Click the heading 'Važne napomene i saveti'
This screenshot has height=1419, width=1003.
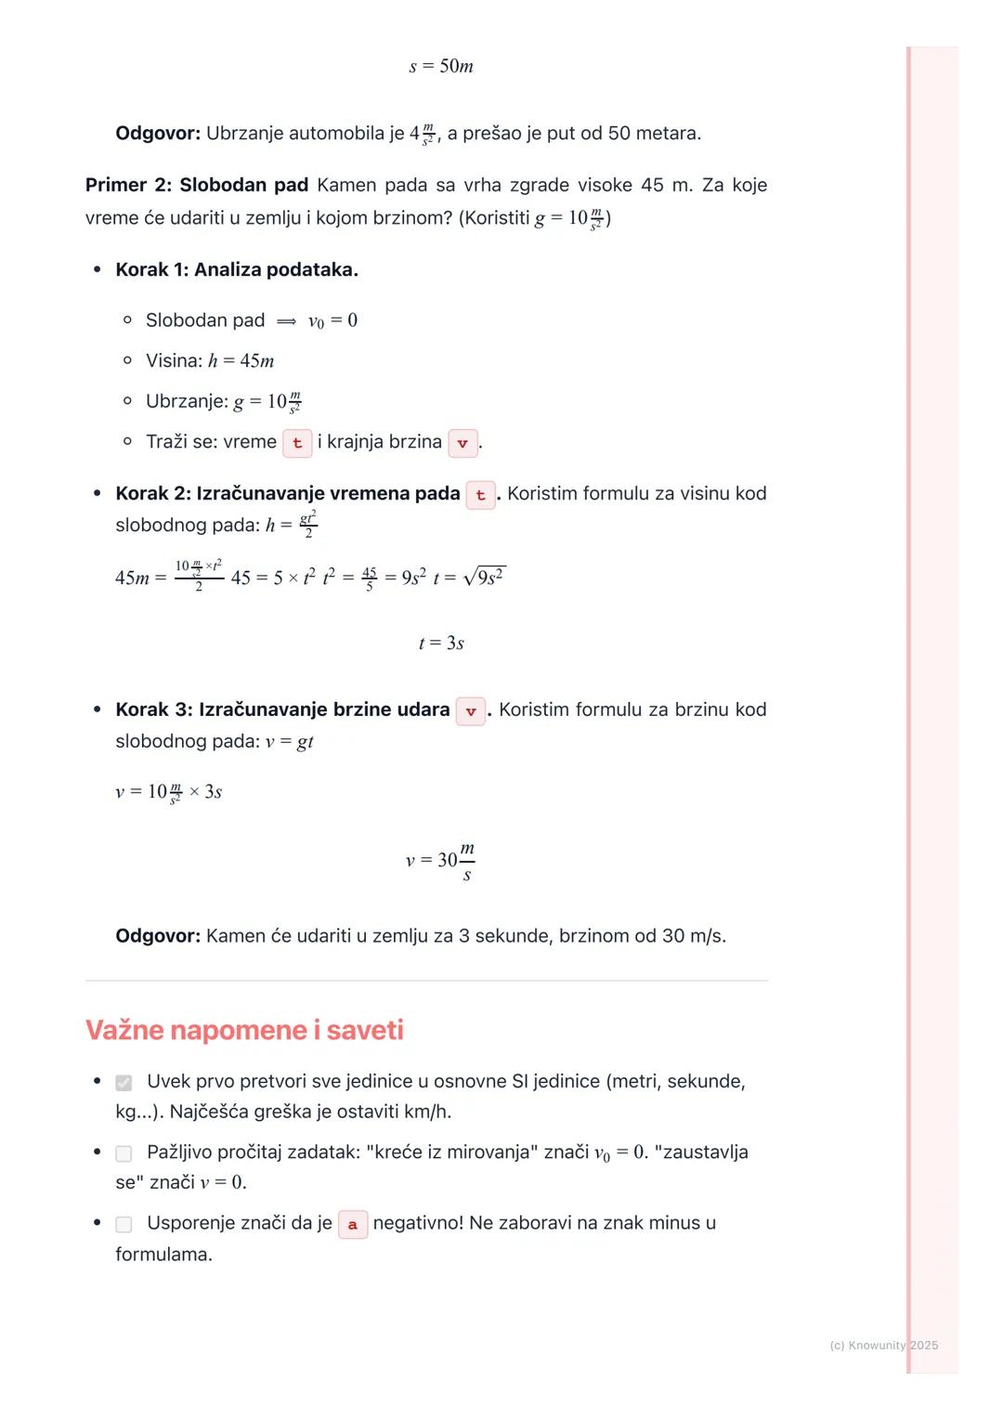click(244, 1030)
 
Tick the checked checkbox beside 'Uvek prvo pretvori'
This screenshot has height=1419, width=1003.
click(124, 1083)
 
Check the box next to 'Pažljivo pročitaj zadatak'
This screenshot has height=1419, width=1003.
click(124, 1153)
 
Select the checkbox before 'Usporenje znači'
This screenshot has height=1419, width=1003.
click(124, 1224)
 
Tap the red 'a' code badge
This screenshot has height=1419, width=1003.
click(353, 1224)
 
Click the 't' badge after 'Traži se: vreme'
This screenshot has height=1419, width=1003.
click(297, 443)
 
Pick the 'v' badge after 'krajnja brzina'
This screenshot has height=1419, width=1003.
click(462, 443)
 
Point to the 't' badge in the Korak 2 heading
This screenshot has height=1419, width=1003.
click(480, 495)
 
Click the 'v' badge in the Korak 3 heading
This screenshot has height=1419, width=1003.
click(471, 711)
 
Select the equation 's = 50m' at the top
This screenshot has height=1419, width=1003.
click(441, 66)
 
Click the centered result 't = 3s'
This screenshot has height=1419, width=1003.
click(441, 643)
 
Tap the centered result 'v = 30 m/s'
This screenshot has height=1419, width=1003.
click(440, 860)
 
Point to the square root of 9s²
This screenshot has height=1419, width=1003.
click(484, 577)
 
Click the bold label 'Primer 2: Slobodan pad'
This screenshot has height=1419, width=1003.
click(197, 185)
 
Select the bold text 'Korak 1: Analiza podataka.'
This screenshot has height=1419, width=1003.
click(237, 269)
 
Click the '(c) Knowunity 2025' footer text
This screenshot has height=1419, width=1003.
click(883, 1345)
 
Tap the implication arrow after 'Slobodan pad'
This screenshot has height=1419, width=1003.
click(286, 321)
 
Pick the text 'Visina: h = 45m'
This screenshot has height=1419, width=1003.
click(210, 360)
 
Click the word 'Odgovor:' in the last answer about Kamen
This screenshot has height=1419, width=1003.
click(158, 935)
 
